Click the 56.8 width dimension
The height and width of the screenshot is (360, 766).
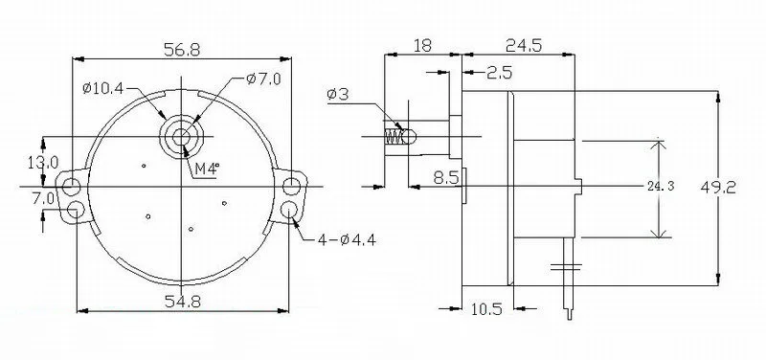tap(182, 50)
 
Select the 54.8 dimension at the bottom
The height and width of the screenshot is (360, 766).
tap(182, 302)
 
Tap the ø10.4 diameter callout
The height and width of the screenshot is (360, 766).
tap(103, 88)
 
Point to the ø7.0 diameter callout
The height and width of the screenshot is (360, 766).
tap(264, 79)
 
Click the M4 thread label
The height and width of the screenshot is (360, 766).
tap(207, 169)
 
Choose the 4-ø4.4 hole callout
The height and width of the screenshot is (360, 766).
tap(347, 239)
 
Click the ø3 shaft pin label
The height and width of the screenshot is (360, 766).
tap(338, 94)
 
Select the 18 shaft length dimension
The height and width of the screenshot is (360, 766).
tap(423, 45)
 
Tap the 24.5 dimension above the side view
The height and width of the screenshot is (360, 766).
tap(524, 45)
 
